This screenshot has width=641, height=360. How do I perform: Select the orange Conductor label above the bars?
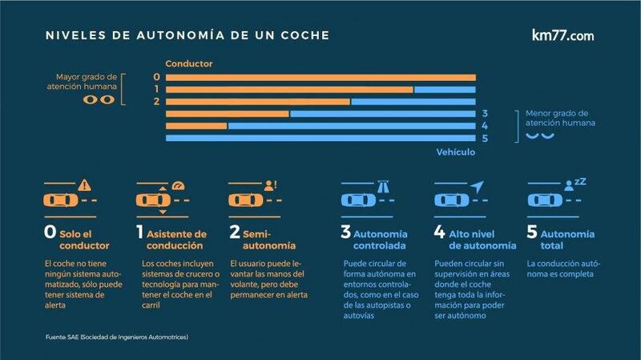189,63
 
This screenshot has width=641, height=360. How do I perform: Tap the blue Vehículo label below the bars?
456,152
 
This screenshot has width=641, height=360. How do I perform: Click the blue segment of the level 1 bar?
445,89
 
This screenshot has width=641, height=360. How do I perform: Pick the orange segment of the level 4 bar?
197,126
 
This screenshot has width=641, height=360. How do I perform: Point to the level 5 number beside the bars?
485,139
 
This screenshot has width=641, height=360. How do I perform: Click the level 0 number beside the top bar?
157,77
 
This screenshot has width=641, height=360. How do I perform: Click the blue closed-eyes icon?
538,137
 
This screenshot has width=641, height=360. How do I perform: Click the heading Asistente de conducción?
177,240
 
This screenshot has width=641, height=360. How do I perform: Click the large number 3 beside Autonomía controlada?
346,233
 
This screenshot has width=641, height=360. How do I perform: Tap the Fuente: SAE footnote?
115,338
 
